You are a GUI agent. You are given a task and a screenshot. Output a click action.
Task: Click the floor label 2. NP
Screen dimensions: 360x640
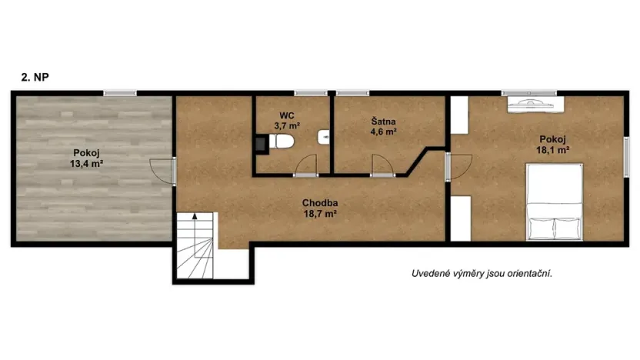point(36,77)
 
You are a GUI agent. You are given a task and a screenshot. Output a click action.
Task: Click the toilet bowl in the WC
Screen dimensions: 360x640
point(282,141)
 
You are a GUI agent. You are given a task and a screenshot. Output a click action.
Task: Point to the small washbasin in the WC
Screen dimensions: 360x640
point(324,137)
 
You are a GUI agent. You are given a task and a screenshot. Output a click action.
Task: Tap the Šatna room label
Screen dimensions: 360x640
point(383,121)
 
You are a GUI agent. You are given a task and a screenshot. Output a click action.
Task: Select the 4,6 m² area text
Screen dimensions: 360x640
point(383,132)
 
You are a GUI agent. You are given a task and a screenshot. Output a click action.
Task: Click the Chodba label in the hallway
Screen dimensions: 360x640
point(320,203)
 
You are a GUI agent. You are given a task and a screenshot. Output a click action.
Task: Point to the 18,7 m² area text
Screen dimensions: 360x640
point(320,215)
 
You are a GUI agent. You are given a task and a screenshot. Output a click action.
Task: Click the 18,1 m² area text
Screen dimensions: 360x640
point(552,151)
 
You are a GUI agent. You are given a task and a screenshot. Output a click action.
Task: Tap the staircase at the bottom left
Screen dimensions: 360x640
point(197,246)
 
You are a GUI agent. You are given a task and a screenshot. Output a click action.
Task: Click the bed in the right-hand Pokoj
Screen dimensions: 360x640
point(553,204)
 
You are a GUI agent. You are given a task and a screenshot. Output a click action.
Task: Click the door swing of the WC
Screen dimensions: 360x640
point(306,165)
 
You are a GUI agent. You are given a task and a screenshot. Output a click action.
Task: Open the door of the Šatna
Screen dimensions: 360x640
point(380,165)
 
